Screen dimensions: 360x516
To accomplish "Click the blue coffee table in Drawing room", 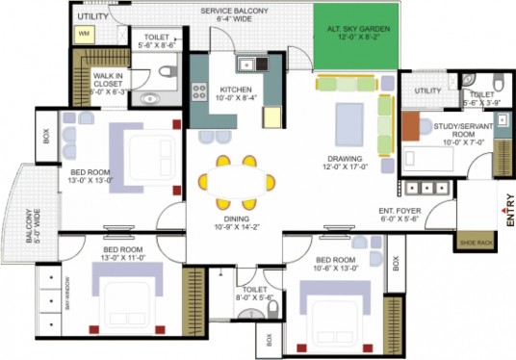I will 348,121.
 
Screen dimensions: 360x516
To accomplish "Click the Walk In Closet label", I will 111,84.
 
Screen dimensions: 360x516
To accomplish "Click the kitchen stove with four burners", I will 201,93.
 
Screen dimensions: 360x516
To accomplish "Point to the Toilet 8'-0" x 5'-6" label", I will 256,295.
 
